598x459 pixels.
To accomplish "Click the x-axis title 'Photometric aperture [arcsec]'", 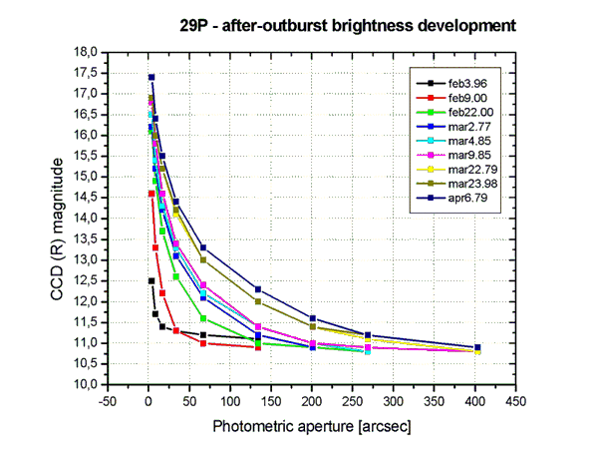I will (311, 426).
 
